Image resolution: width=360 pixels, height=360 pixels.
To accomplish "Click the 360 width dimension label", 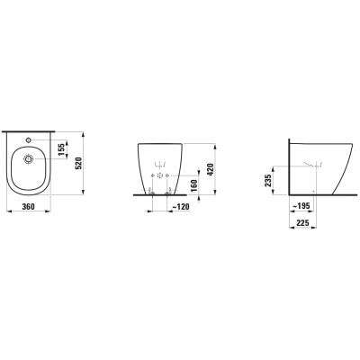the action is [28, 206].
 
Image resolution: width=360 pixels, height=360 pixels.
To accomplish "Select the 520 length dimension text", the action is [78, 163].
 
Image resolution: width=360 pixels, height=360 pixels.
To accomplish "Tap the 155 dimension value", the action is [62, 149].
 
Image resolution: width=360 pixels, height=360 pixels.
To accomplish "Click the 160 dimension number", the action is [193, 185].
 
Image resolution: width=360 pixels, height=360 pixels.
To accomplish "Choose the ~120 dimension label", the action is [181, 206].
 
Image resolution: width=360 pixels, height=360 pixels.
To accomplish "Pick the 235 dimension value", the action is [268, 181].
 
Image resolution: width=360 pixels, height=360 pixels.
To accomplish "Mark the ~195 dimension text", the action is [301, 206].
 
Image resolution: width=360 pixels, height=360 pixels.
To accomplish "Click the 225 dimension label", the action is [302, 223].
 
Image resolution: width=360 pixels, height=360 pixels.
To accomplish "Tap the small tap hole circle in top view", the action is [29, 139].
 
